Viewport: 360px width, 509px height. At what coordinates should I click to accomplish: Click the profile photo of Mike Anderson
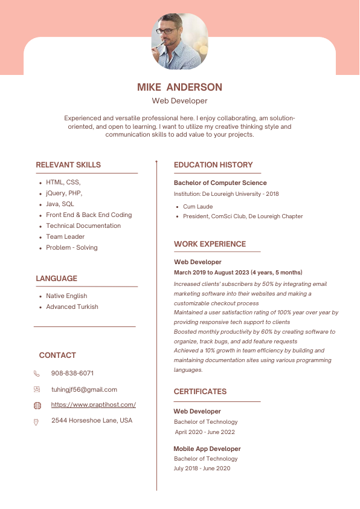coord(179,42)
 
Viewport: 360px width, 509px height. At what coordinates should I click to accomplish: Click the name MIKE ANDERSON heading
coord(179,87)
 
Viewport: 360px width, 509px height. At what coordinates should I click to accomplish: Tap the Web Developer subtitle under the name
coord(179,101)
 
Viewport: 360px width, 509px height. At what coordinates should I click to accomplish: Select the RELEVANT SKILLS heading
coord(68,164)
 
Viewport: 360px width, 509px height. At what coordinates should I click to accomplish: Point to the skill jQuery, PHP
coord(64,193)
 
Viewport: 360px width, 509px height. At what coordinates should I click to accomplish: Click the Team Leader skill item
coord(65,236)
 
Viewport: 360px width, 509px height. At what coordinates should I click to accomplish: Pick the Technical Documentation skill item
coord(83,225)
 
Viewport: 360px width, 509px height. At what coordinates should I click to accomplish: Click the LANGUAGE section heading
coord(56,278)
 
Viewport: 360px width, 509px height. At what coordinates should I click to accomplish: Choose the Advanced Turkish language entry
coord(72,306)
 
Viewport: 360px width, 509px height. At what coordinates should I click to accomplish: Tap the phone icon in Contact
coord(37,374)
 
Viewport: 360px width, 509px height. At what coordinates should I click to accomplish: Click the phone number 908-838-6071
coord(72,373)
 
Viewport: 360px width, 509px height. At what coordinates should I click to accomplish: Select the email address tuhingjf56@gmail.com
coord(84,389)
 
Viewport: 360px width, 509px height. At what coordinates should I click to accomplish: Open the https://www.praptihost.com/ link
coord(94,404)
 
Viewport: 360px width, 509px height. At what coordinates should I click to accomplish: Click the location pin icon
coord(37,421)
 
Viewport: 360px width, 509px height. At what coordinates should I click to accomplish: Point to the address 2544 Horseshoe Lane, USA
coord(92,420)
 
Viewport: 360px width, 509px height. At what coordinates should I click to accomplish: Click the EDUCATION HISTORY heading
coord(213,164)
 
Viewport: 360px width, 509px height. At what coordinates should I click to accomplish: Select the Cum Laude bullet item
coord(198,206)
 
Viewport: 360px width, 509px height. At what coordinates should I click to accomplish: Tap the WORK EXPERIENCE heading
coord(210,244)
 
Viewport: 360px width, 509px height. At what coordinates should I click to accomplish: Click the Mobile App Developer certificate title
coord(207,449)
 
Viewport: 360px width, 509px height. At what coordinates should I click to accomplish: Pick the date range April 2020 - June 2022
coord(205,432)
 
